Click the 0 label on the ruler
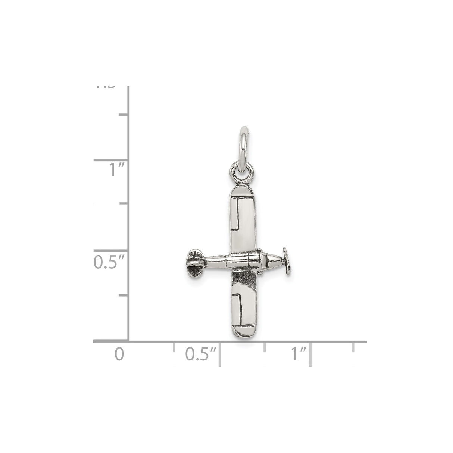click(x=119, y=354)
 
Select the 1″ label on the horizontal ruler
click(x=299, y=354)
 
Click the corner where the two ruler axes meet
click(x=129, y=341)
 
